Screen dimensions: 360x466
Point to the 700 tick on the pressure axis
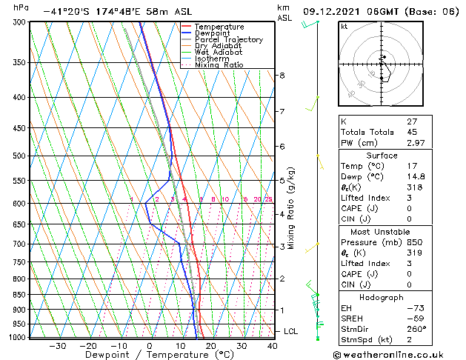[x=16, y=244]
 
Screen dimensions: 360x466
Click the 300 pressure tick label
[x=16, y=22]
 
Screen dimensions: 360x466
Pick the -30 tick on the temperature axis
[x=57, y=346]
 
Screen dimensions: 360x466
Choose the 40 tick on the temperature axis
[x=273, y=346]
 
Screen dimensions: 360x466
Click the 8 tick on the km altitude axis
[x=282, y=76]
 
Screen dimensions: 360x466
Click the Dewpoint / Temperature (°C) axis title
[x=150, y=356]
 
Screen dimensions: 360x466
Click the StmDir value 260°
[x=416, y=329]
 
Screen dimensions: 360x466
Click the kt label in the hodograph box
[x=344, y=27]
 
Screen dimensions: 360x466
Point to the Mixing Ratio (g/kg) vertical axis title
[x=291, y=208]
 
